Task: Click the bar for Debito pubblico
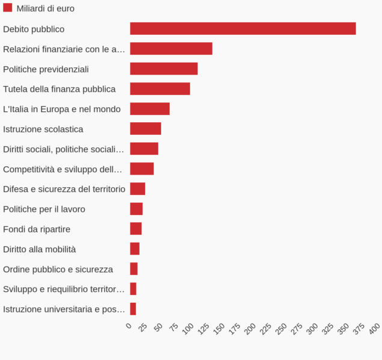pos(242,29)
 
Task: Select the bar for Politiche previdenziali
pos(164,69)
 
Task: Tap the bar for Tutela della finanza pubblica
pos(160,89)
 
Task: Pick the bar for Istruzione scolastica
pos(146,129)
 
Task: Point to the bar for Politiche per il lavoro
pos(137,209)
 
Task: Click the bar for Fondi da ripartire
pos(136,229)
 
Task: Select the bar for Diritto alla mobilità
pos(135,249)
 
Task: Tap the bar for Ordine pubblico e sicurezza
pos(134,268)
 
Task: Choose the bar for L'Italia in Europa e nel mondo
pos(150,109)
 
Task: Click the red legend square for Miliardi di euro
pos(8,8)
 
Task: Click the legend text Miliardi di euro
pos(46,8)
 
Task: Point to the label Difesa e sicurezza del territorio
pos(64,189)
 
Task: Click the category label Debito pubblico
pos(34,29)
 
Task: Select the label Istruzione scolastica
pos(43,129)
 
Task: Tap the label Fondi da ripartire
pos(37,229)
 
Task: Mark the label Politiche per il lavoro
pos(44,209)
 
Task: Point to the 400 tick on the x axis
pos(374,329)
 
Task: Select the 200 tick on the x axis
pos(251,329)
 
